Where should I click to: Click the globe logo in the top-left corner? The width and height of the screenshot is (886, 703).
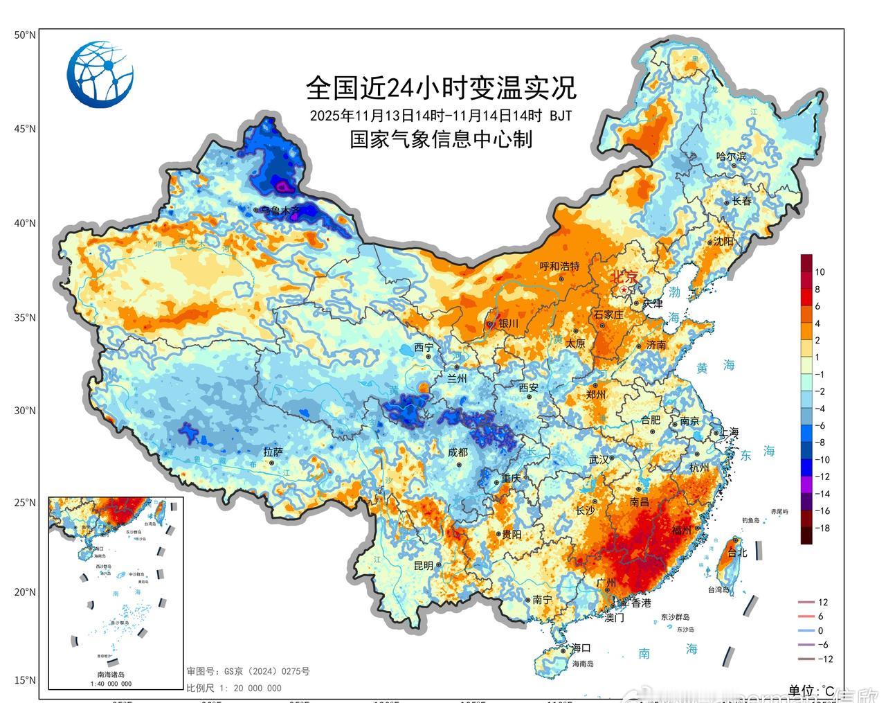(x=100, y=74)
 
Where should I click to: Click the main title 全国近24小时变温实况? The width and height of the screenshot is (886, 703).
(x=441, y=88)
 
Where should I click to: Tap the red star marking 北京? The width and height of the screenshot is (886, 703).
(x=624, y=290)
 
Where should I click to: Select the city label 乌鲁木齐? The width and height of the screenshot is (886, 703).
(x=281, y=210)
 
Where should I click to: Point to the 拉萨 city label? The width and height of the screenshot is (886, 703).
(x=273, y=452)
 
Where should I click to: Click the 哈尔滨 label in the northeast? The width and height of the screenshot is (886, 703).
(x=731, y=157)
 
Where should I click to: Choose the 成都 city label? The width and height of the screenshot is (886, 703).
(x=458, y=452)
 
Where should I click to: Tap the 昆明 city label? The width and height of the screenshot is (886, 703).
(x=423, y=565)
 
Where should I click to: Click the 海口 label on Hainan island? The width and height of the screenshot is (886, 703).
(x=581, y=648)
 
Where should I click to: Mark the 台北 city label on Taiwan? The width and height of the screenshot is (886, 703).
(x=739, y=553)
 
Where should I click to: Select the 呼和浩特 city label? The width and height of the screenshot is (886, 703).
(x=559, y=267)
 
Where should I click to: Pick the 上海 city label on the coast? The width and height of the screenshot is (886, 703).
(x=729, y=431)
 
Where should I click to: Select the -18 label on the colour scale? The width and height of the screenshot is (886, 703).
(x=821, y=528)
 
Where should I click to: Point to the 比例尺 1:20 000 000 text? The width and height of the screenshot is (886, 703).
(x=233, y=688)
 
